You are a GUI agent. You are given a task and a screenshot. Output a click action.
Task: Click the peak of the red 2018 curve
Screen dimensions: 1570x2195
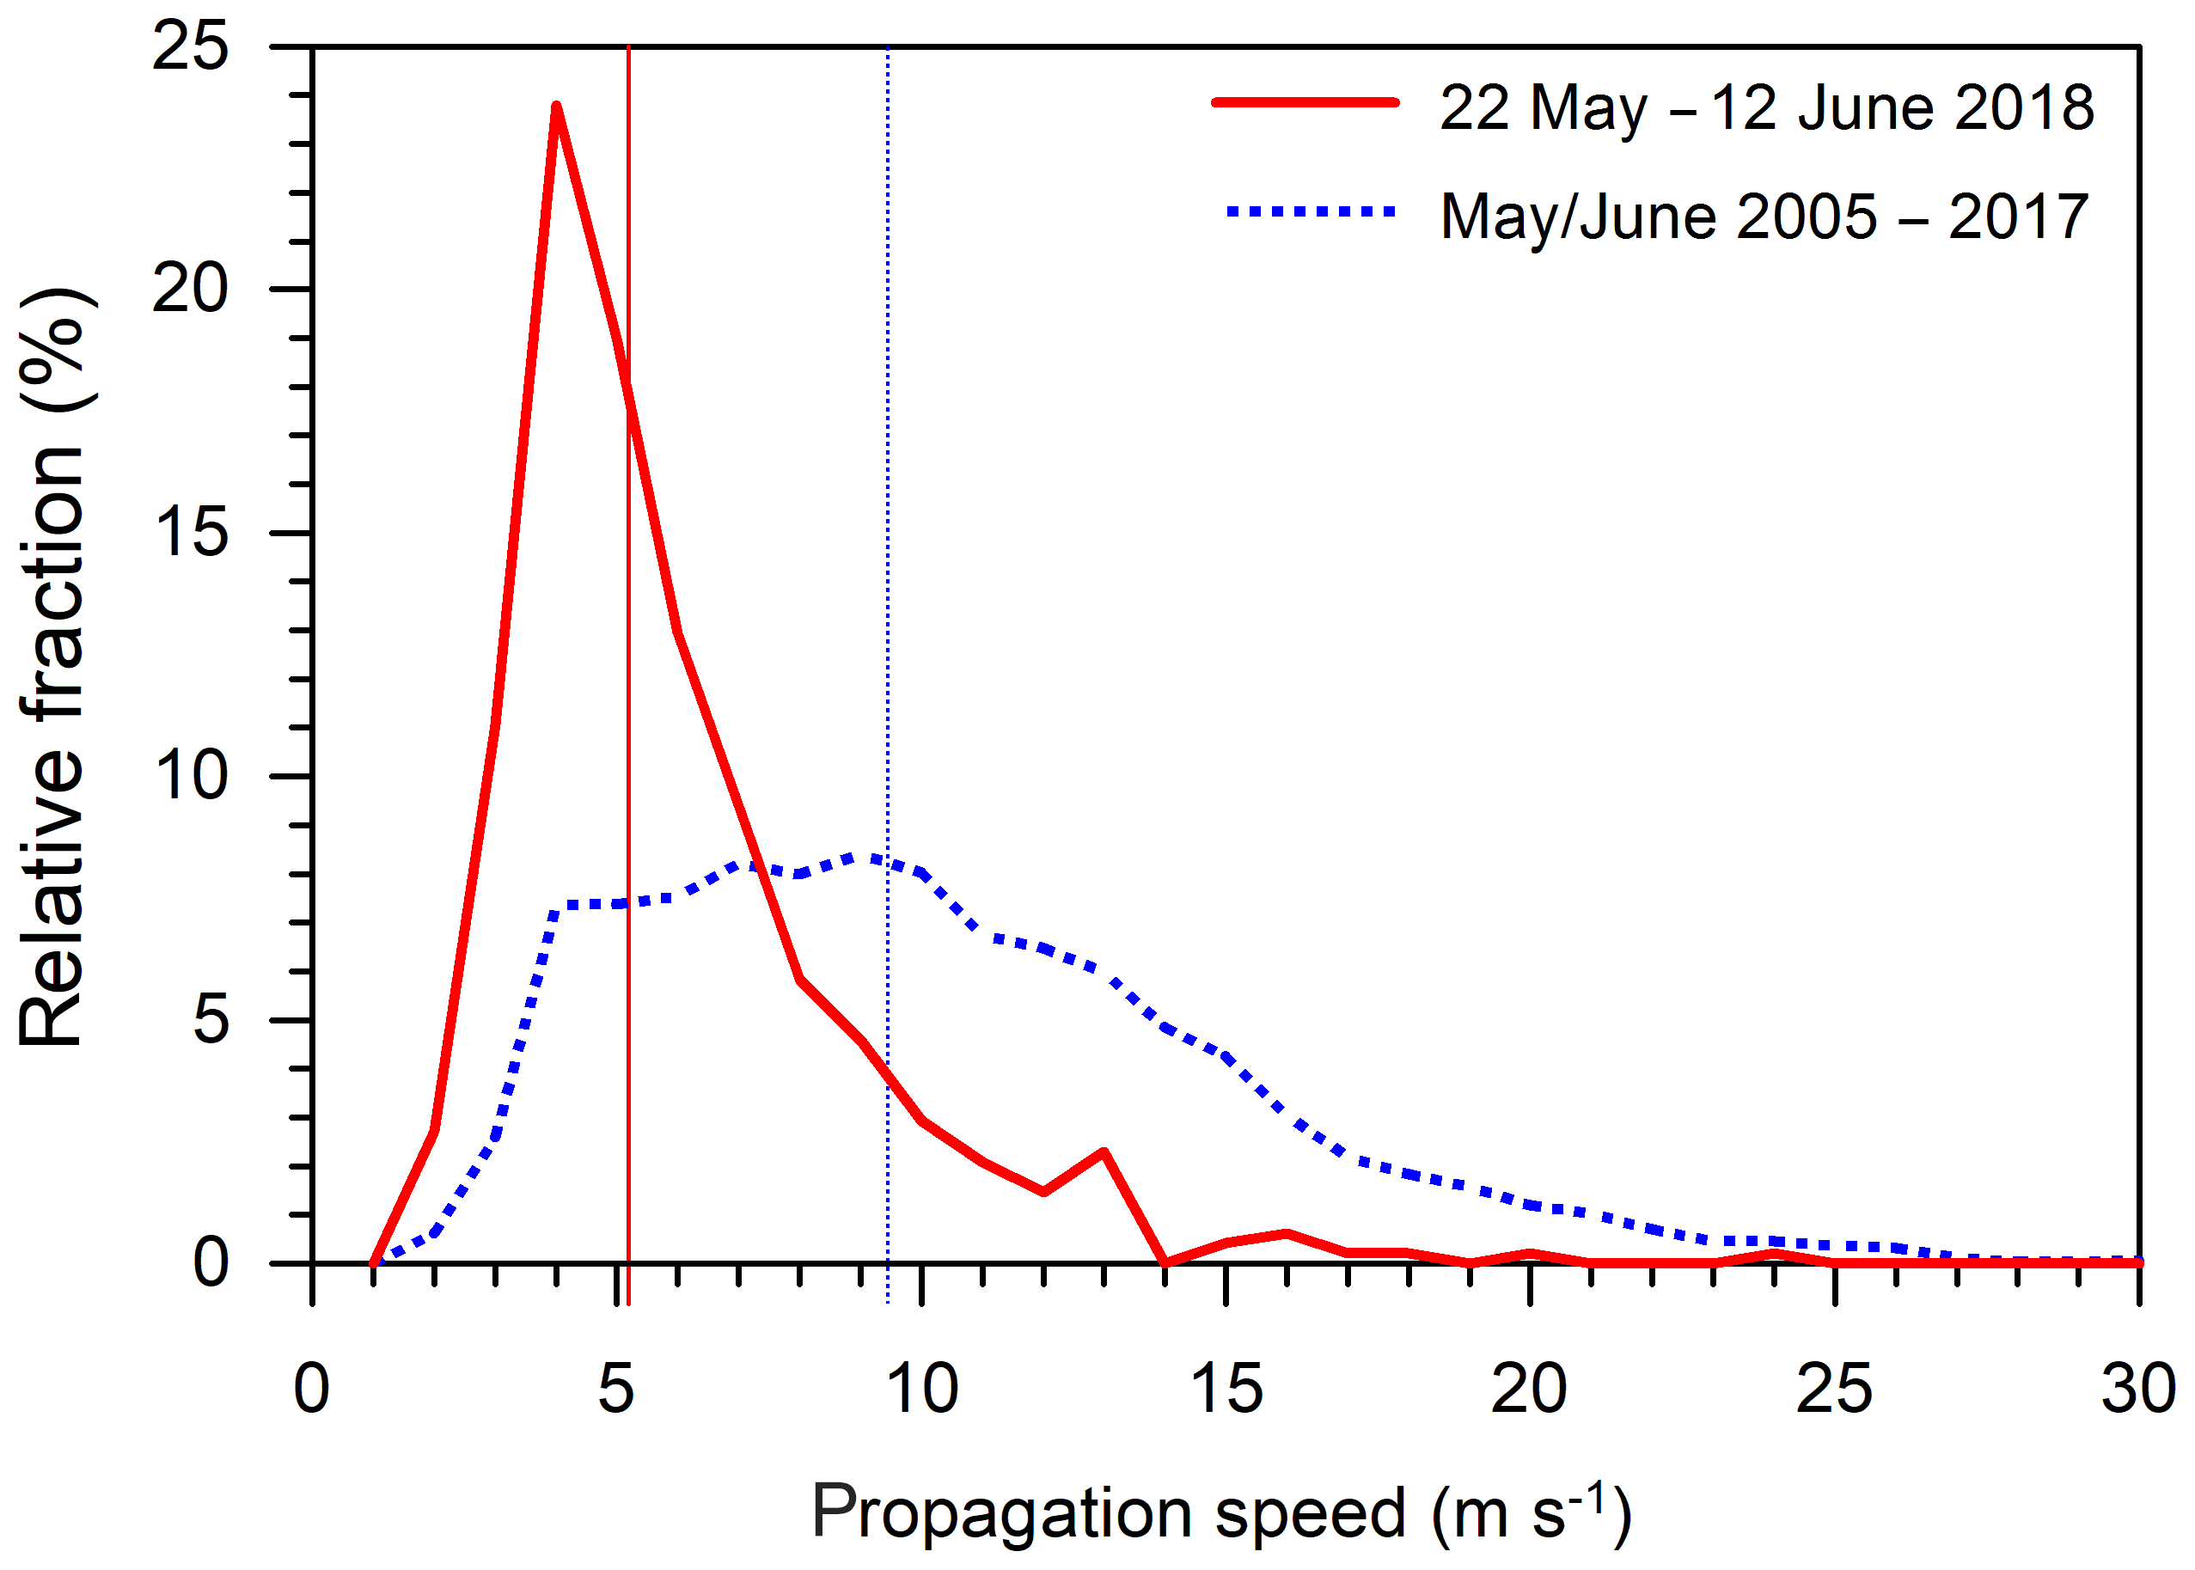[556, 107]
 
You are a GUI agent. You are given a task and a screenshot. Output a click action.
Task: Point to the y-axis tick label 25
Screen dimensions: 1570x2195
[191, 46]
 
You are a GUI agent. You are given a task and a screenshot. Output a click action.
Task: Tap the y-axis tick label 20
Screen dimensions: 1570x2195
[191, 288]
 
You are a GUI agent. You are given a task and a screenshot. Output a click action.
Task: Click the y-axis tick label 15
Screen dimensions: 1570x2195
[191, 532]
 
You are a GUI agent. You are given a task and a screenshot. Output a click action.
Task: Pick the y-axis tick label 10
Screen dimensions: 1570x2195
[191, 775]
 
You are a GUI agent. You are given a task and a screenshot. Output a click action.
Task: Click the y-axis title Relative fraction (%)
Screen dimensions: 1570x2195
[55, 667]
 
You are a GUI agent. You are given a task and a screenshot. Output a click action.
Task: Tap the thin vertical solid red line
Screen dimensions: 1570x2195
[628, 677]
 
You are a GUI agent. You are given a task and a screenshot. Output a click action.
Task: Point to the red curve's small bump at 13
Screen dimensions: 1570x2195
[1104, 1152]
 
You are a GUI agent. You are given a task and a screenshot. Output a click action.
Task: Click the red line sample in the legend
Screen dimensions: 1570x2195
[1305, 102]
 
